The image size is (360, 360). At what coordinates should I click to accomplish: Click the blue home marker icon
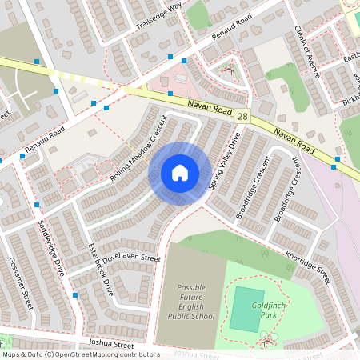point(180,172)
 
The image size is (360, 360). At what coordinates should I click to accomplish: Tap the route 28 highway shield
point(242,118)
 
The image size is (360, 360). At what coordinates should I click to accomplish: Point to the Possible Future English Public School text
point(191,302)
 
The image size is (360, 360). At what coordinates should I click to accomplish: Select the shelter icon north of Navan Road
point(229,71)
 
